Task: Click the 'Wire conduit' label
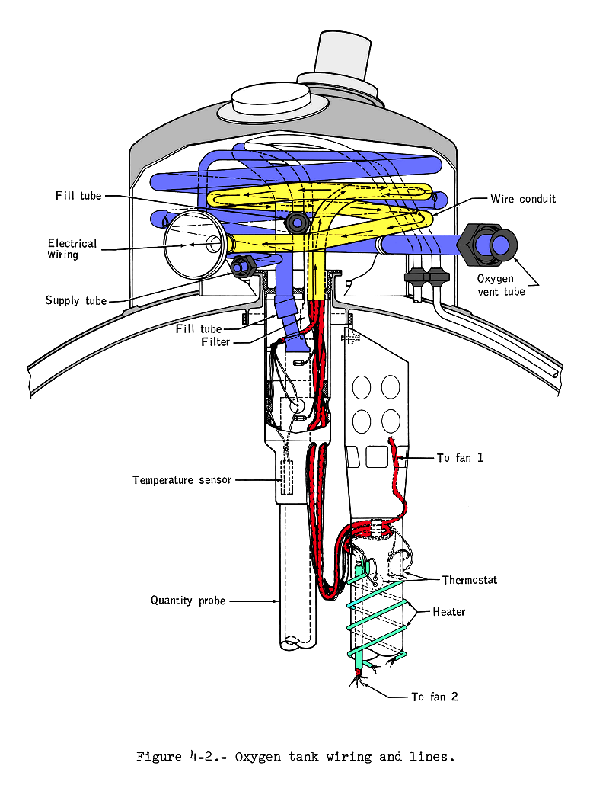coord(523,199)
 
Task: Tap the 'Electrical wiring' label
coord(72,249)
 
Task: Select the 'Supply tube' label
coord(76,301)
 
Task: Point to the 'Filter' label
coord(215,342)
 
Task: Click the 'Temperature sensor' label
coord(181,480)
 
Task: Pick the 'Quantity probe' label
coord(188,601)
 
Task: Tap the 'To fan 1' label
coord(460,458)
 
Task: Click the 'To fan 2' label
coord(435,697)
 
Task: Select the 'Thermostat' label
coord(470,580)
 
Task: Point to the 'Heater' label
coord(449,612)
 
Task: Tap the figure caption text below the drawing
coord(295,757)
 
